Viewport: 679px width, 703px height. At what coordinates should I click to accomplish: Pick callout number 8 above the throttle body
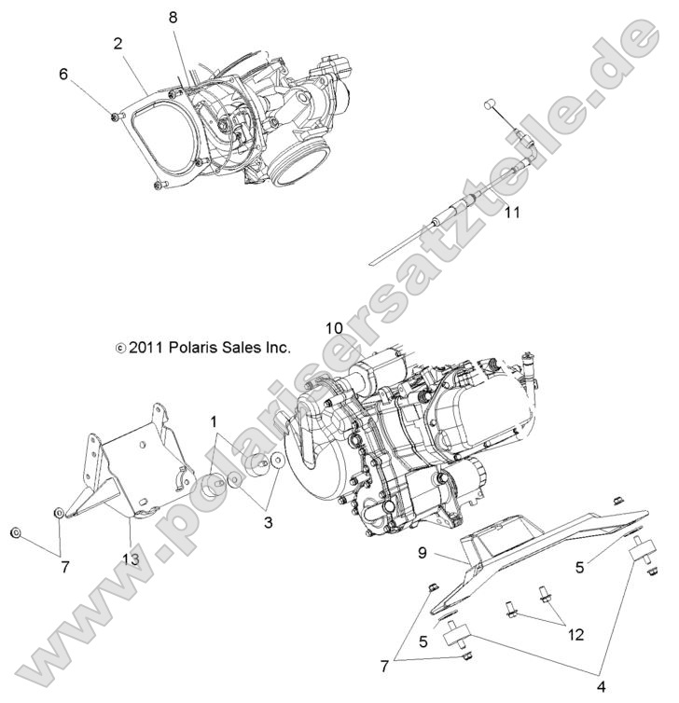pos(173,18)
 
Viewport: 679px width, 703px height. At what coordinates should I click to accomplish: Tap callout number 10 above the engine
pos(334,328)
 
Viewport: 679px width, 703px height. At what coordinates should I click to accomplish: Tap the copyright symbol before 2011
pos(119,348)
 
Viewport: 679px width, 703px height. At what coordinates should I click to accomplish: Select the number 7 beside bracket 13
pos(65,566)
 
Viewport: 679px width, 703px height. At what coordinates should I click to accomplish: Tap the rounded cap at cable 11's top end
pos(488,104)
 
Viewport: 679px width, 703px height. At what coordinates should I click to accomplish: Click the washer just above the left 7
pos(59,512)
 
